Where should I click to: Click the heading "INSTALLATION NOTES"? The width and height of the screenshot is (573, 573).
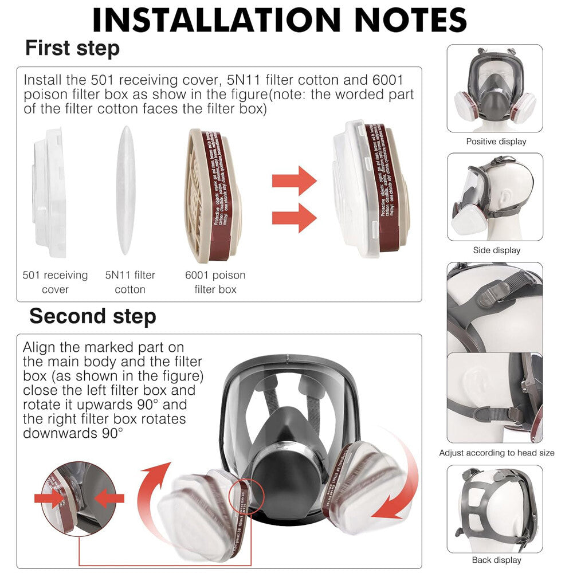pos(280,20)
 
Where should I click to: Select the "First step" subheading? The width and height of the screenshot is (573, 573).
pos(72,48)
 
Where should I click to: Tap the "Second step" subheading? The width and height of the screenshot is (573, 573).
pos(92,316)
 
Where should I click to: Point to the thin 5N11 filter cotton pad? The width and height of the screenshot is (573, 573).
pos(126,190)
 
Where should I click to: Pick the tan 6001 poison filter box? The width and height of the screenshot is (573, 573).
pos(212,195)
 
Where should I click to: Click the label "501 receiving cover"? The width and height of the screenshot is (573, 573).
pos(55,282)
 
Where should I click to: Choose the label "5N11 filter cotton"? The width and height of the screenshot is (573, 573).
pos(130,282)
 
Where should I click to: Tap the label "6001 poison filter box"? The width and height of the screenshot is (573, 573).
pos(215,282)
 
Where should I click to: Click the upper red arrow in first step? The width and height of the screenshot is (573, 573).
pos(294,180)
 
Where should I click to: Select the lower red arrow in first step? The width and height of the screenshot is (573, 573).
pos(294,218)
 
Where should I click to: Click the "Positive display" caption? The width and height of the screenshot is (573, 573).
pos(496,142)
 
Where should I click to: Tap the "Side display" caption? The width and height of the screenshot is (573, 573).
pos(496,250)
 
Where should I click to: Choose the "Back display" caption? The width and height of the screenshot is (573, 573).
pos(496,560)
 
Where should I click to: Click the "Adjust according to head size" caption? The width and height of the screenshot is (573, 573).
pos(496,453)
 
